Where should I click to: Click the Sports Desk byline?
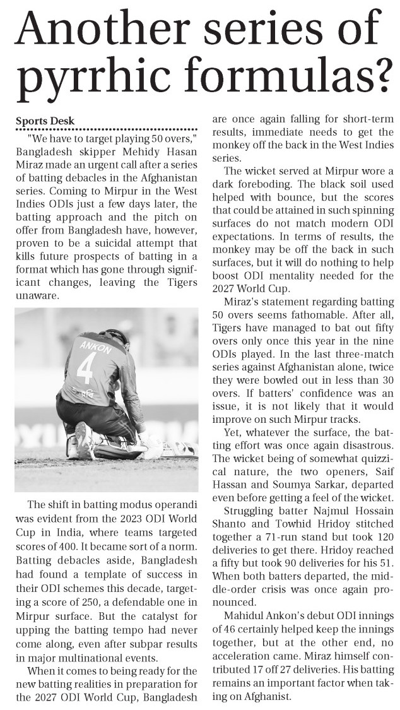[x=45, y=121]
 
